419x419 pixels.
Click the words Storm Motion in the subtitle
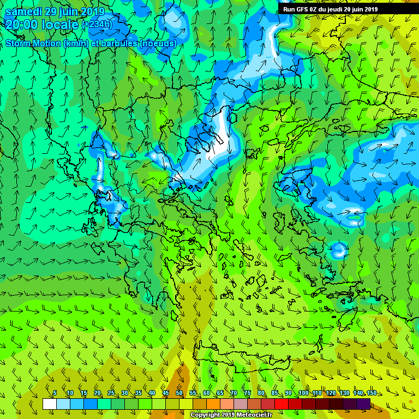click(33, 43)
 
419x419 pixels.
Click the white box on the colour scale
click(49, 404)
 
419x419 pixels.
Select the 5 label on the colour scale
click(55, 393)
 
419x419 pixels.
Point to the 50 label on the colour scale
click(179, 393)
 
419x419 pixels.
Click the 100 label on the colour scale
click(303, 393)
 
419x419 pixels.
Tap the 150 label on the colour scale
click(372, 393)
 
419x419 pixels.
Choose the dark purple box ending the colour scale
click(363, 404)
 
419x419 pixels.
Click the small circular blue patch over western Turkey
click(339, 250)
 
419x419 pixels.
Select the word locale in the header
click(62, 24)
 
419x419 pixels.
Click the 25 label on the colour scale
click(110, 393)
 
